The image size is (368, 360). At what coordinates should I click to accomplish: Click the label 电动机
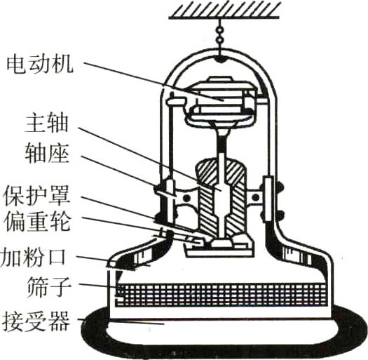point(40,65)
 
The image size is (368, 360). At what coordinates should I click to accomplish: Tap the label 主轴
point(46,124)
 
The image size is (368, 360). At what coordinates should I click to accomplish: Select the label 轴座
point(47,154)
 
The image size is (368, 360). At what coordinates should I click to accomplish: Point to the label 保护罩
point(37,196)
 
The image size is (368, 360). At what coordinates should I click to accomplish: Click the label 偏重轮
point(37,222)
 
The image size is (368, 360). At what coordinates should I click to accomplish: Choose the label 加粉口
point(33,258)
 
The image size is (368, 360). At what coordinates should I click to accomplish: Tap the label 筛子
point(49,287)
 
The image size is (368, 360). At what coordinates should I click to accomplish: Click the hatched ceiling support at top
point(224,11)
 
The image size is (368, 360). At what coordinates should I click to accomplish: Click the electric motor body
point(222,100)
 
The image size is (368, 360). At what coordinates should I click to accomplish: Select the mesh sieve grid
point(221,295)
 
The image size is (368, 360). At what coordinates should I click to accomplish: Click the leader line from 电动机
point(154,81)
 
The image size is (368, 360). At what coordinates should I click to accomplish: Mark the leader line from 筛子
point(97,286)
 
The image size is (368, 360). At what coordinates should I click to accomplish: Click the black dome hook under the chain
point(219,60)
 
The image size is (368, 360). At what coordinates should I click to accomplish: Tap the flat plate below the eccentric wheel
point(219,253)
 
